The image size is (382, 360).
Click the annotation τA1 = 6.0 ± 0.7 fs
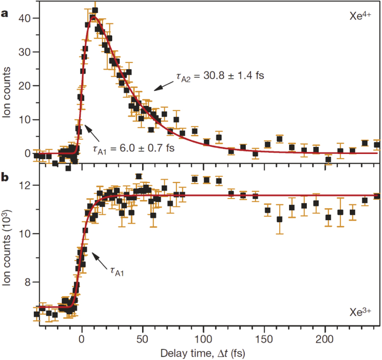133,149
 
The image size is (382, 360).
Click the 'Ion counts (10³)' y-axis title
8,246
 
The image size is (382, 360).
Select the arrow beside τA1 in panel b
100,259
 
